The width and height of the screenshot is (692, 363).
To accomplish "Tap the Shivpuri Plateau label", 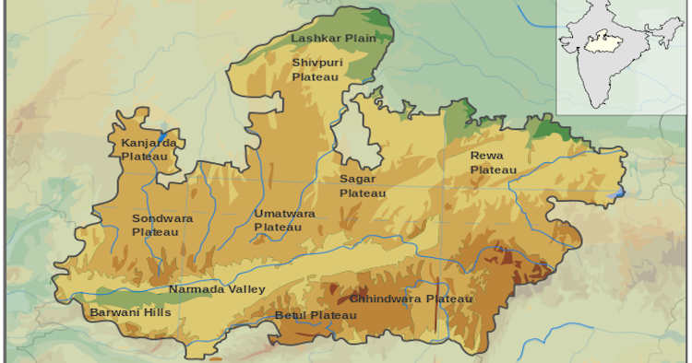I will click(x=316, y=69).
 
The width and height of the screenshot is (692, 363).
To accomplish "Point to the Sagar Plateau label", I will click(x=363, y=185).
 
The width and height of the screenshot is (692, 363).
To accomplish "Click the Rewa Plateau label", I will click(x=494, y=163).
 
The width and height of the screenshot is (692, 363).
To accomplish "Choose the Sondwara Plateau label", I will click(x=156, y=225).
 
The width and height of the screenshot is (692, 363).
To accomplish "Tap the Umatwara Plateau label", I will click(x=284, y=219).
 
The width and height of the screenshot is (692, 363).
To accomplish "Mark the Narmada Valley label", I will click(x=217, y=289).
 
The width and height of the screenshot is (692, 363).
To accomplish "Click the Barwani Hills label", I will click(x=130, y=312).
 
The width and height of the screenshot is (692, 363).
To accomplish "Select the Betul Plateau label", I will click(x=316, y=316).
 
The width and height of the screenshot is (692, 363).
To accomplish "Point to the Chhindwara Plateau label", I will click(x=411, y=299).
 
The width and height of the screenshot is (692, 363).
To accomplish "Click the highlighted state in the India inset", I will click(x=604, y=41).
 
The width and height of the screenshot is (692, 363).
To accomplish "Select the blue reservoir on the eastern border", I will click(x=620, y=193).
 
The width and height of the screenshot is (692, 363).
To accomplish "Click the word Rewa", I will click(x=486, y=156).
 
